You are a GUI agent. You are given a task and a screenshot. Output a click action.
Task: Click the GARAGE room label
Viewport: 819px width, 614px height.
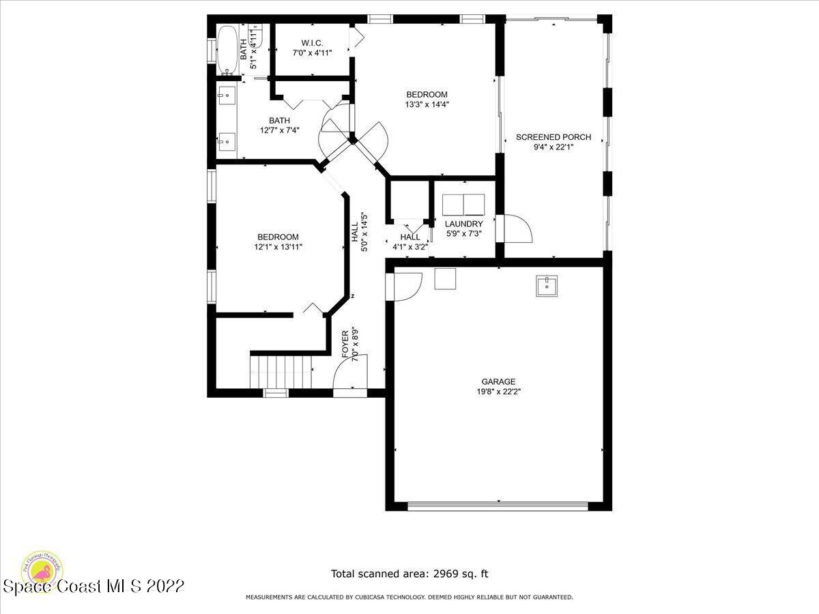point(498,381)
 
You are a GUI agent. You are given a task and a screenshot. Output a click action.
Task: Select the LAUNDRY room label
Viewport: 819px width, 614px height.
point(463,224)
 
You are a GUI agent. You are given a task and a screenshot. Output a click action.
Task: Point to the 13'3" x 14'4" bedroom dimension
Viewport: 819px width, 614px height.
point(427,104)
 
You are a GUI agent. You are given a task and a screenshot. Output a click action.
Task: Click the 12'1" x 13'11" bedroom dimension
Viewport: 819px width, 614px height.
point(278,247)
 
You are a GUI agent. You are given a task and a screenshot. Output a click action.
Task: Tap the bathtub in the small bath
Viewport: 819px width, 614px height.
point(227,50)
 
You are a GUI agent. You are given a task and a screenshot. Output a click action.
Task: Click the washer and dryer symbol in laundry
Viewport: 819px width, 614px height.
point(463,204)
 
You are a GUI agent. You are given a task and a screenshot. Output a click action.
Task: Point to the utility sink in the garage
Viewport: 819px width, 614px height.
point(547,287)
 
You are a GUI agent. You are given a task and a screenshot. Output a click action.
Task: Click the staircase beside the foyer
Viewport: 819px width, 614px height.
point(281,372)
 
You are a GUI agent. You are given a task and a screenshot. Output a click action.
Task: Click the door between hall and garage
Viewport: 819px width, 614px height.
point(404,285)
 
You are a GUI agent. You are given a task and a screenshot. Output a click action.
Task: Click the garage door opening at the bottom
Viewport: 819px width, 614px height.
point(498,506)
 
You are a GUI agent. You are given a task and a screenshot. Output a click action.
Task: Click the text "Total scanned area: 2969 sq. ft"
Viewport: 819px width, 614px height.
point(409,574)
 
